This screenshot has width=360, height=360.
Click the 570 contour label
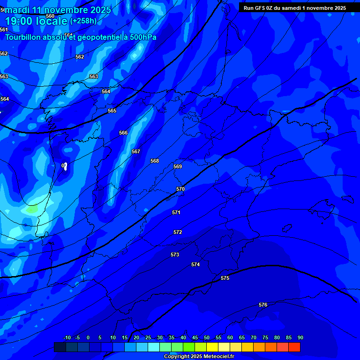(x=180, y=189)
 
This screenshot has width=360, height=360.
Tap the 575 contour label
(x=225, y=278)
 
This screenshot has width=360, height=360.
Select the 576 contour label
(x=263, y=305)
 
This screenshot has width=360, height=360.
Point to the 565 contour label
(x=112, y=111)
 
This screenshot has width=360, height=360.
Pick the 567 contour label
(x=136, y=151)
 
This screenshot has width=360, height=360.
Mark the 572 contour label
(x=178, y=232)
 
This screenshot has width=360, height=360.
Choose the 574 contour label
(x=195, y=264)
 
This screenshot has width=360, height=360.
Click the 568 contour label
(x=155, y=161)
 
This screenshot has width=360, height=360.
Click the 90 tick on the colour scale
(x=300, y=337)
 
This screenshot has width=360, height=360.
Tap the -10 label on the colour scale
(x=67, y=337)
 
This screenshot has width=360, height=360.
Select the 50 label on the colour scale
(x=207, y=337)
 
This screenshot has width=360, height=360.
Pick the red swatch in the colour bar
(x=294, y=347)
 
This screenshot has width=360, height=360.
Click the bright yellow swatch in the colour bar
(x=212, y=347)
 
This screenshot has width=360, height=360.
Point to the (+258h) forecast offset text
(x=83, y=21)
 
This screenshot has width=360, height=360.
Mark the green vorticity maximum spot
(x=32, y=210)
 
